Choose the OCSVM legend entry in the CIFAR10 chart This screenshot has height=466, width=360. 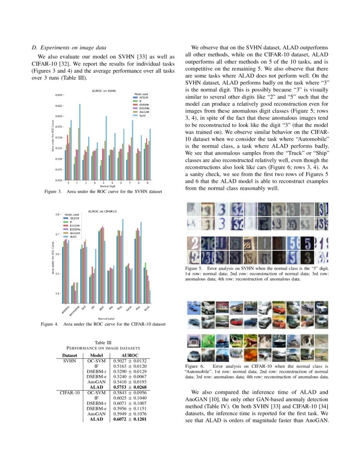(x=75, y=218)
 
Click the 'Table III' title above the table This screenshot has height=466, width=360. (x=103, y=342)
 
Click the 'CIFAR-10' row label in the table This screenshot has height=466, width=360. (x=70, y=393)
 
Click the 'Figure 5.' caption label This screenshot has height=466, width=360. (x=195, y=269)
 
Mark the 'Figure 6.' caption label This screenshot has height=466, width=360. (x=195, y=366)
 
